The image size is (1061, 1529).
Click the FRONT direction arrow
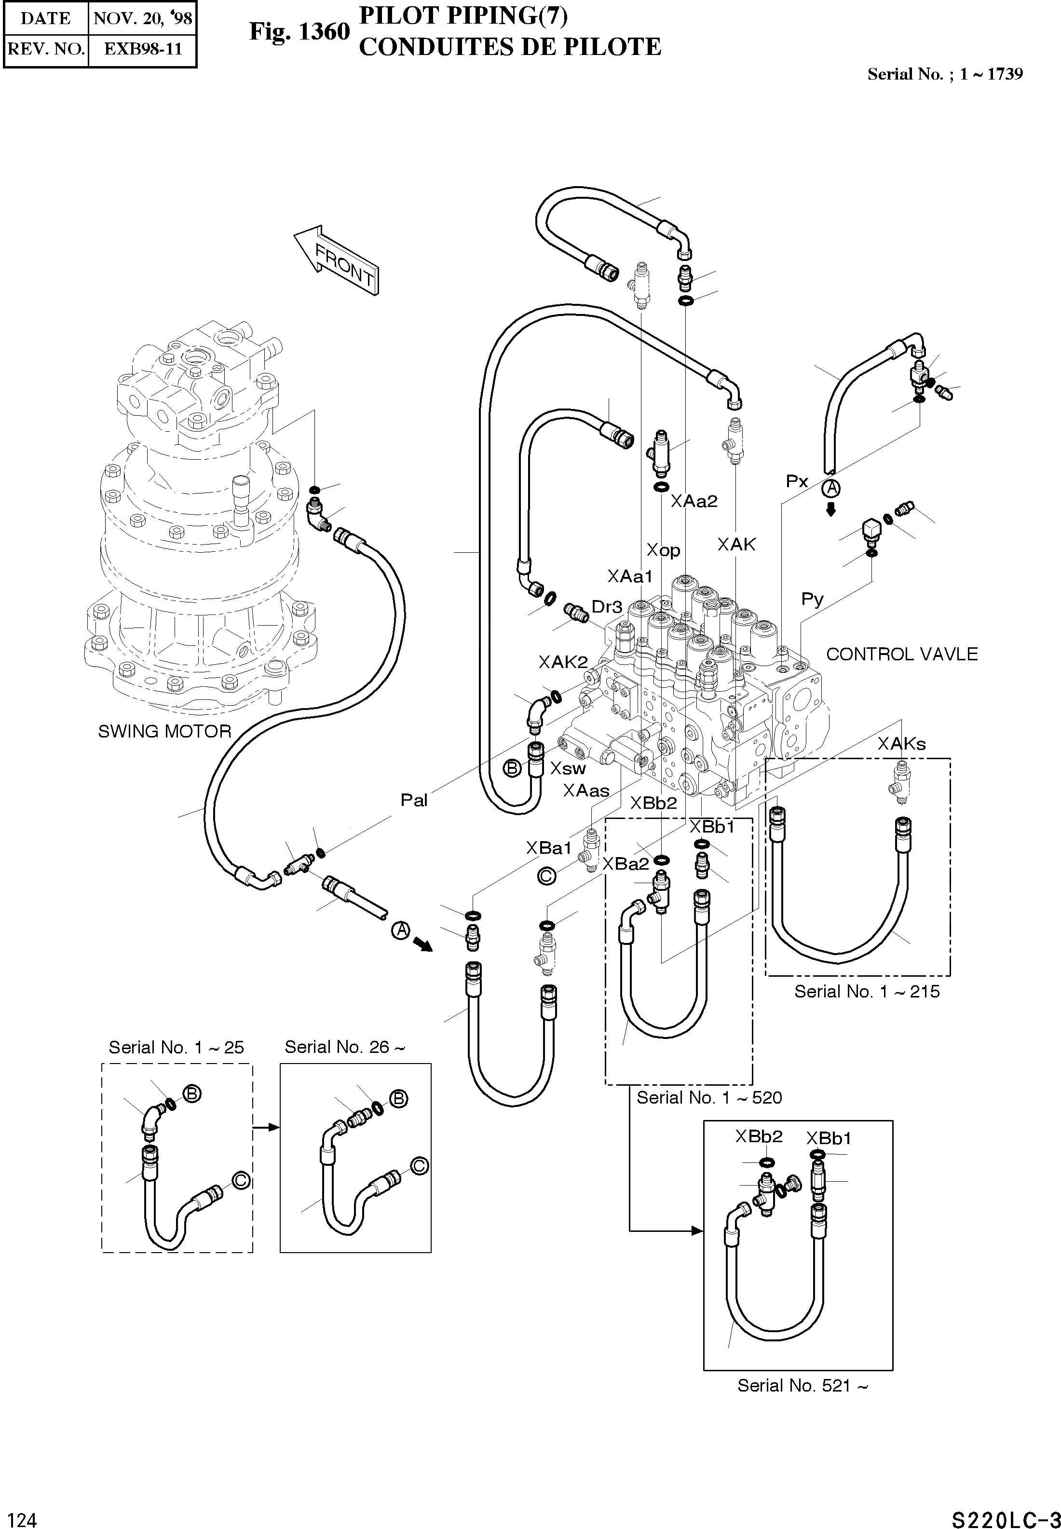tap(336, 259)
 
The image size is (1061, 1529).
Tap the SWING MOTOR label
tap(164, 731)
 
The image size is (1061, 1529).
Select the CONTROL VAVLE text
tap(901, 654)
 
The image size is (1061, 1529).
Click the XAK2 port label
tap(563, 662)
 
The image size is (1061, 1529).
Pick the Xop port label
tap(664, 550)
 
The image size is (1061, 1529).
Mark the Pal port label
tap(413, 800)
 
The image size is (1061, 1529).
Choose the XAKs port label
tap(901, 744)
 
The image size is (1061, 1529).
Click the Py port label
tap(812, 600)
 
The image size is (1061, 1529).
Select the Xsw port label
tap(568, 768)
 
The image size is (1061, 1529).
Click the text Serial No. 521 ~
tap(803, 1385)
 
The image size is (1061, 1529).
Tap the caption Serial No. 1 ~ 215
tap(867, 992)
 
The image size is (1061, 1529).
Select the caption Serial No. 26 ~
tap(344, 1047)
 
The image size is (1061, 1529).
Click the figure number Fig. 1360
tap(299, 32)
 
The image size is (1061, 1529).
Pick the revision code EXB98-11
tap(143, 49)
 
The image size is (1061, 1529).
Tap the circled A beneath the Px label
tap(831, 489)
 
